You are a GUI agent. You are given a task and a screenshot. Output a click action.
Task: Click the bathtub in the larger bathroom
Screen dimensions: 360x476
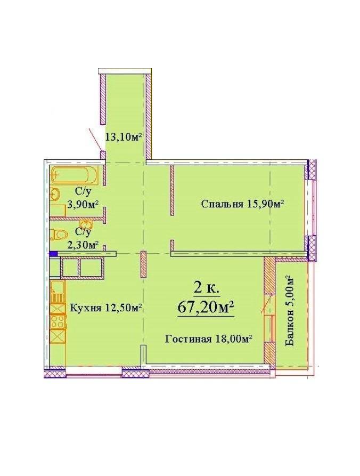75,175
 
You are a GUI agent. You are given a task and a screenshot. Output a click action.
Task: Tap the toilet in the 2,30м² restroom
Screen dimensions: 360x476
58,235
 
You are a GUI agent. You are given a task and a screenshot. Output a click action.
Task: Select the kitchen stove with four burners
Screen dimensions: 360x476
58,322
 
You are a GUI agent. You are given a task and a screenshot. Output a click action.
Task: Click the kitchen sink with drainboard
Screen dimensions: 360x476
58,292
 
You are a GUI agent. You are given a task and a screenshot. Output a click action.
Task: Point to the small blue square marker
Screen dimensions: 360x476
53,254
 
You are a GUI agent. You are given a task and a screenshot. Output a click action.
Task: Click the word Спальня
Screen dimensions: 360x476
222,204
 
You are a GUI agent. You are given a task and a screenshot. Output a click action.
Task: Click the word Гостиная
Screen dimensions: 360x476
188,338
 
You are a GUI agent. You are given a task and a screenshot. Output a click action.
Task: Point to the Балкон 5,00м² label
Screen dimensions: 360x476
290,311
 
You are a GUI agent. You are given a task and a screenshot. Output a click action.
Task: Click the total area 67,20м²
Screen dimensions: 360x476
206,307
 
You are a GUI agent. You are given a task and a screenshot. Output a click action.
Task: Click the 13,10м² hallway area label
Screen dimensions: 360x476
124,136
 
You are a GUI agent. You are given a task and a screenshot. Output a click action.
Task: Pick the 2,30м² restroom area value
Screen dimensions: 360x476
83,245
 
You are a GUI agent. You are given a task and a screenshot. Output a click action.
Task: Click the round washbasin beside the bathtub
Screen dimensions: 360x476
55,193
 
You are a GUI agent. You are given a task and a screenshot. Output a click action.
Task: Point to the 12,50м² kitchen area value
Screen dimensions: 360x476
123,308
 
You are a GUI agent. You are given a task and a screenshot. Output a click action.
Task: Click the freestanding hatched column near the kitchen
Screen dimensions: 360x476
144,264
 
